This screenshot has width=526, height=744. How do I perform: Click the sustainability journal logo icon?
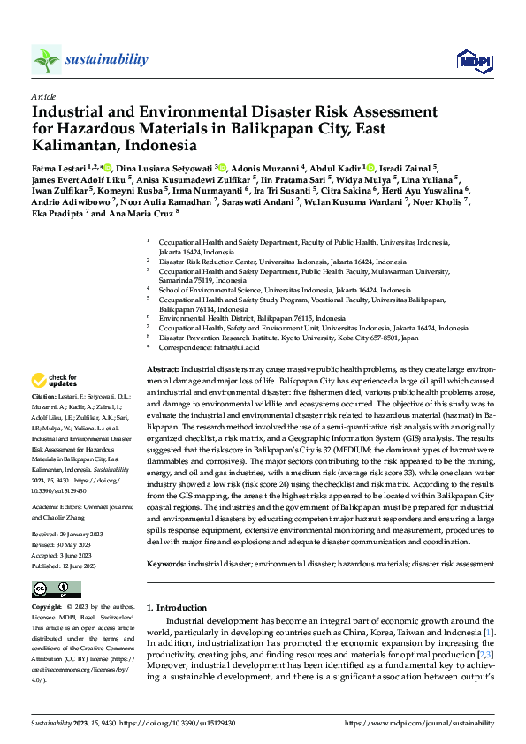(x=46, y=59)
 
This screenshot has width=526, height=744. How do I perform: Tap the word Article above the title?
(x=42, y=96)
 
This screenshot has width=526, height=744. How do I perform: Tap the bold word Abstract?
(x=162, y=368)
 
